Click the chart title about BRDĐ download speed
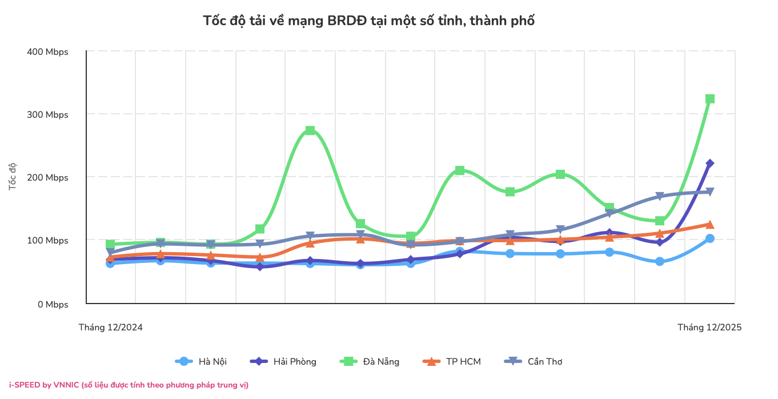(x=368, y=21)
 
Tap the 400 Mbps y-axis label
(x=47, y=52)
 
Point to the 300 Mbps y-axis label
(x=47, y=115)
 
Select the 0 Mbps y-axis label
(x=53, y=305)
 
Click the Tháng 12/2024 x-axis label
(x=110, y=328)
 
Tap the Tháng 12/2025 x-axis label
(x=709, y=328)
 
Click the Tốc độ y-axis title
(x=12, y=177)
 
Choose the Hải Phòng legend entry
(x=283, y=361)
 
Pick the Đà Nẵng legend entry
(x=370, y=361)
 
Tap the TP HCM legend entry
(x=452, y=361)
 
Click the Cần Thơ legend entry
(x=534, y=361)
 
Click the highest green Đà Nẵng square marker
(x=710, y=99)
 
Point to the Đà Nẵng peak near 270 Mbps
(x=310, y=130)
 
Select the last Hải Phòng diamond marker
(x=710, y=163)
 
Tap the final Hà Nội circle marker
(x=710, y=238)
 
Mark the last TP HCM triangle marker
(x=710, y=225)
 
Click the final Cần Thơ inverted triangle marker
(x=710, y=191)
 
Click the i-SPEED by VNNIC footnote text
(x=129, y=385)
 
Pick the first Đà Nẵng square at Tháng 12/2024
(x=110, y=244)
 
